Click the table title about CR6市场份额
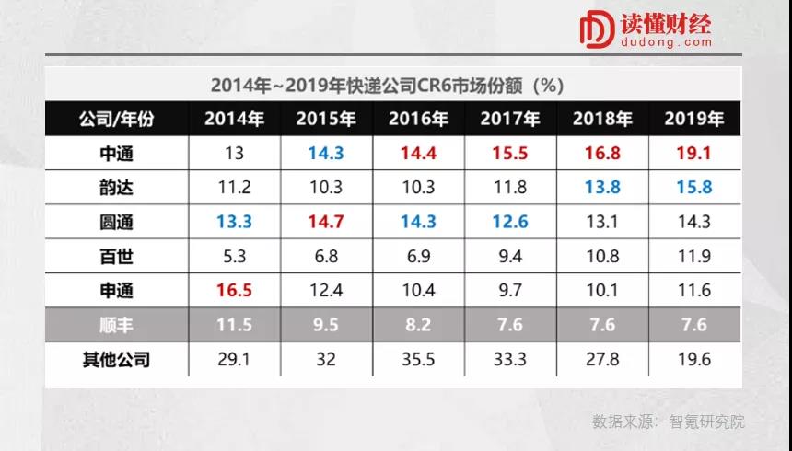click(x=387, y=86)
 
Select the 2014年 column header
click(x=234, y=119)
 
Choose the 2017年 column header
click(x=510, y=119)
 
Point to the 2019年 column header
click(x=693, y=119)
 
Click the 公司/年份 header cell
click(x=116, y=119)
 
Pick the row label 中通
click(x=116, y=153)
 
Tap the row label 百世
click(x=116, y=256)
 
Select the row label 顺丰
click(x=116, y=325)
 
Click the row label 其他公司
click(x=116, y=359)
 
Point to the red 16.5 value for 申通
click(x=234, y=291)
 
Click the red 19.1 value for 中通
click(x=693, y=153)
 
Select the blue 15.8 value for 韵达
click(x=693, y=188)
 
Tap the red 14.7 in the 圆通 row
click(x=326, y=222)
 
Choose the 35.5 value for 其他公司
click(x=418, y=359)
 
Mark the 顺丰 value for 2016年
click(x=418, y=325)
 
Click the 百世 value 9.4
click(x=510, y=256)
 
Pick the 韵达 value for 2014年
click(x=234, y=188)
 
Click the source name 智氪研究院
click(x=707, y=422)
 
